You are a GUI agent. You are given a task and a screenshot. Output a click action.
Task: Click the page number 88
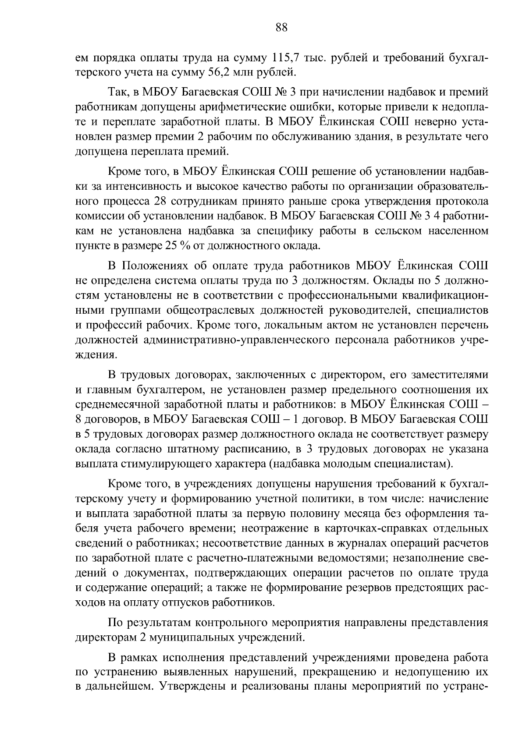(x=281, y=28)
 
